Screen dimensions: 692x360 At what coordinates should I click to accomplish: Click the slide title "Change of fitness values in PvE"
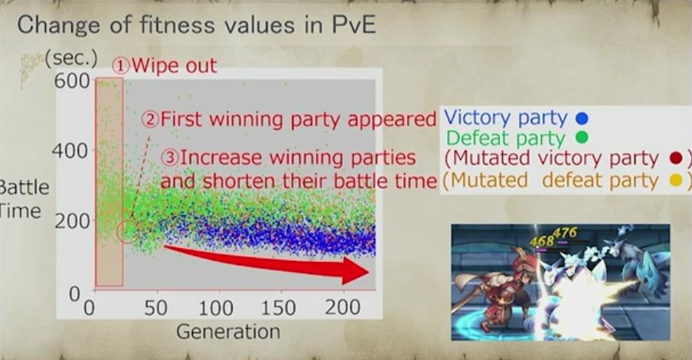[x=197, y=25]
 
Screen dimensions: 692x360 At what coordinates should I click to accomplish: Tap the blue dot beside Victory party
[x=582, y=119]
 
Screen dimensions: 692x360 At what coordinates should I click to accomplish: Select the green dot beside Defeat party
[x=582, y=139]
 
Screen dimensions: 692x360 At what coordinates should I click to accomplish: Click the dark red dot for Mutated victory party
[x=676, y=158]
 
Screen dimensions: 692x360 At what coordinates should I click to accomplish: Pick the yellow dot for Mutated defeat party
[x=676, y=180]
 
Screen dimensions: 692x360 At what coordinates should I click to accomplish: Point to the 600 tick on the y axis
[x=71, y=81]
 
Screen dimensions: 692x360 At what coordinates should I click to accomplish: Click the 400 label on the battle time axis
[x=70, y=151]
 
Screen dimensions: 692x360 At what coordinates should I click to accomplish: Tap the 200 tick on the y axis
[x=72, y=221]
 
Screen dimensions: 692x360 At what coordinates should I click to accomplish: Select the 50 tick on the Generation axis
[x=155, y=308]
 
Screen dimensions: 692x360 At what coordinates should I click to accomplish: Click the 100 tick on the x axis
[x=215, y=308]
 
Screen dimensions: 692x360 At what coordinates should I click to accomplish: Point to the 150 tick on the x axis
[x=278, y=308]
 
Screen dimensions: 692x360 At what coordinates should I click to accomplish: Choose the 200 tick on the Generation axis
[x=342, y=307]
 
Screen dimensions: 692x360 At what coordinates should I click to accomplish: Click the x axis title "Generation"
[x=228, y=332]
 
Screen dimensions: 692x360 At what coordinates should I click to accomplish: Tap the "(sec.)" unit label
[x=71, y=60]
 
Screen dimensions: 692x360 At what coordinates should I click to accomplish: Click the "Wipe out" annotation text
[x=175, y=66]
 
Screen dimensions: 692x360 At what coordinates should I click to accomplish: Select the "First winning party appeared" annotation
[x=299, y=119]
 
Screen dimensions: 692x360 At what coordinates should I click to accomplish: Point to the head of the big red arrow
[x=368, y=271]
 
